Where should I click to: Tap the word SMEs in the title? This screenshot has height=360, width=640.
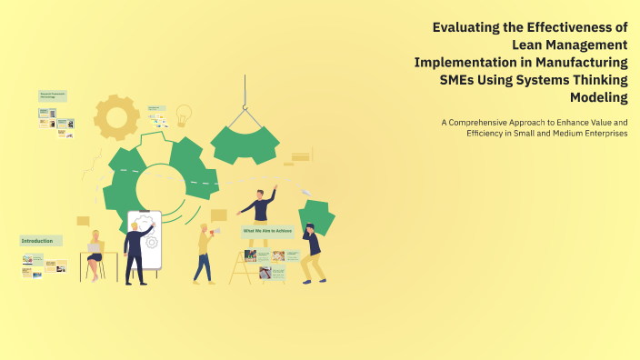click(x=461, y=79)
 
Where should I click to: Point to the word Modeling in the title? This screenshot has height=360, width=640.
click(x=597, y=96)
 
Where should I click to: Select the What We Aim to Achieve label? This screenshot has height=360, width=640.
click(x=267, y=232)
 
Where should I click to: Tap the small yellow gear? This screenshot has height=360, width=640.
click(x=116, y=116)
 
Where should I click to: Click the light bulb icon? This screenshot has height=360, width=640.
click(x=184, y=115)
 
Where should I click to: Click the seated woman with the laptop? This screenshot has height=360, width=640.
click(x=94, y=255)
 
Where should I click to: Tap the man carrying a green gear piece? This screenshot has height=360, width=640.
click(x=312, y=252)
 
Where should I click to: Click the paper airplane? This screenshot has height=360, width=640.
click(x=306, y=191)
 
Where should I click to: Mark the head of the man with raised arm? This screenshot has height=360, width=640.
click(x=259, y=194)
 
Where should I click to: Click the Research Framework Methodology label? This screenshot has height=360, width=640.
click(x=54, y=95)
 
